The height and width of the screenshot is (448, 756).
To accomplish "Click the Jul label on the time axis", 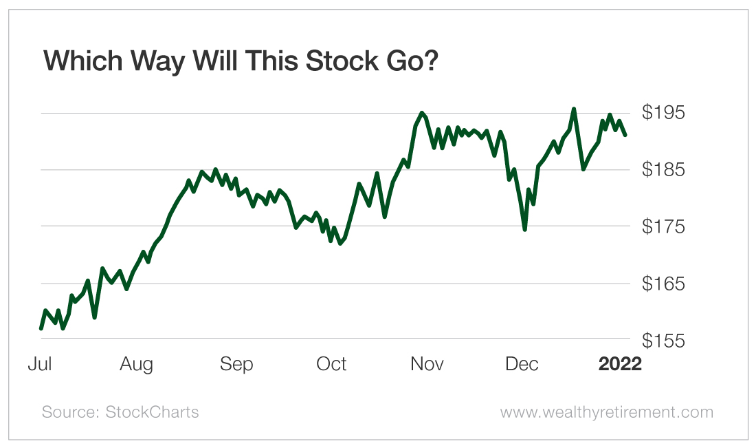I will [40, 364].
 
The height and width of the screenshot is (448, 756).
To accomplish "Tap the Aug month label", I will [136, 364].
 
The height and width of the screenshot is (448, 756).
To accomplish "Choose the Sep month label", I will [236, 364].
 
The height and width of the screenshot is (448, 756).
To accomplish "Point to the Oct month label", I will [331, 364].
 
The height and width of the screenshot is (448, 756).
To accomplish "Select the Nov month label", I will [427, 364].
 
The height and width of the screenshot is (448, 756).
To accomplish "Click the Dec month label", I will [522, 364].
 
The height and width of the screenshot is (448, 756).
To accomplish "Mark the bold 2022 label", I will [620, 364].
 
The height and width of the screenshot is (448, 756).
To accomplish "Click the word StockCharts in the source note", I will [152, 412].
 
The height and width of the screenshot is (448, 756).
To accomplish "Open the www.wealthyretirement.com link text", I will [606, 412].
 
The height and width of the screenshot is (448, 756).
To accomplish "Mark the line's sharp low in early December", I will [524, 229].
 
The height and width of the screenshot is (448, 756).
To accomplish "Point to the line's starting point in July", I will [41, 328].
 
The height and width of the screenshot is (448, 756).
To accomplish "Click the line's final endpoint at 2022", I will [625, 135].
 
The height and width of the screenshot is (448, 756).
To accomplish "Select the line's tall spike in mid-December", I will [574, 109].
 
